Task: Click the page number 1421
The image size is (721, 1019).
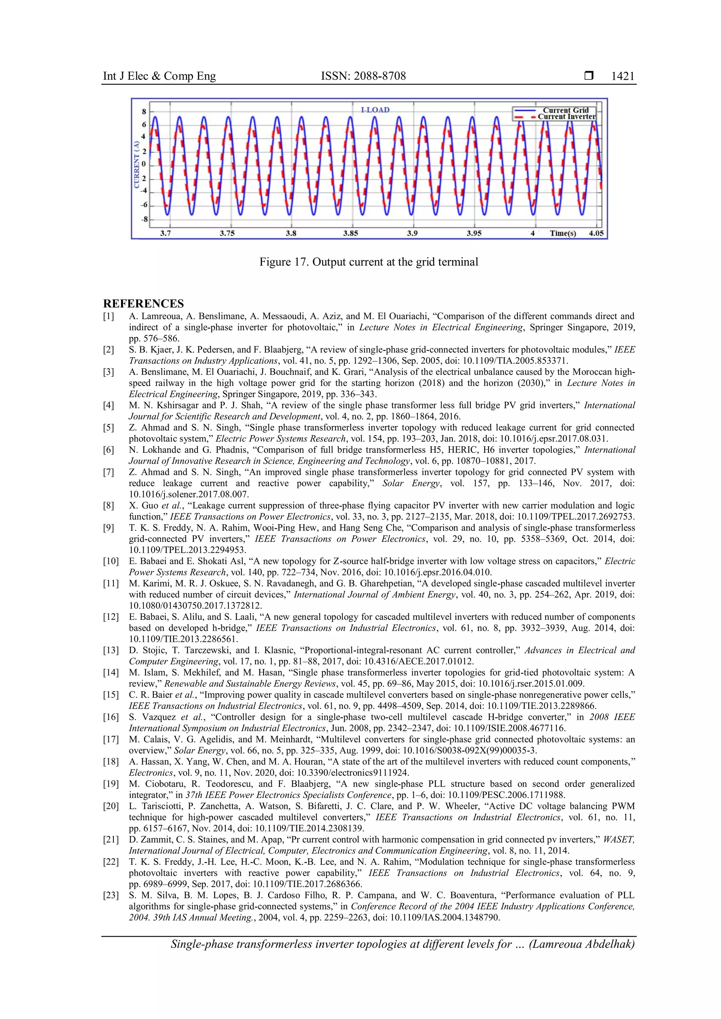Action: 622,76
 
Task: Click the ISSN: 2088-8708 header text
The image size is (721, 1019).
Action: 363,76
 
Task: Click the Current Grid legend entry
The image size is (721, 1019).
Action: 566,110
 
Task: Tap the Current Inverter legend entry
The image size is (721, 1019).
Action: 566,117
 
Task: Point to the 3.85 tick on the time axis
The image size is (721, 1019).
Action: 350,233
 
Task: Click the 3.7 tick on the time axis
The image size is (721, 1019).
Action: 165,233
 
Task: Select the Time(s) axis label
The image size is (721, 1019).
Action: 563,233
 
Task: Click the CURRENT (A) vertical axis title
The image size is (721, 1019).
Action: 137,165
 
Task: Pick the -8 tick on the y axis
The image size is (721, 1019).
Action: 144,219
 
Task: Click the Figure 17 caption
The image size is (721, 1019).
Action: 369,262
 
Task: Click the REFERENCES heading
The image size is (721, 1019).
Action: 143,304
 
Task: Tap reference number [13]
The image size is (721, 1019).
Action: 111,651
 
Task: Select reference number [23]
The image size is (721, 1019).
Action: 111,895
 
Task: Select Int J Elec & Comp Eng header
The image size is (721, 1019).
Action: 159,76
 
